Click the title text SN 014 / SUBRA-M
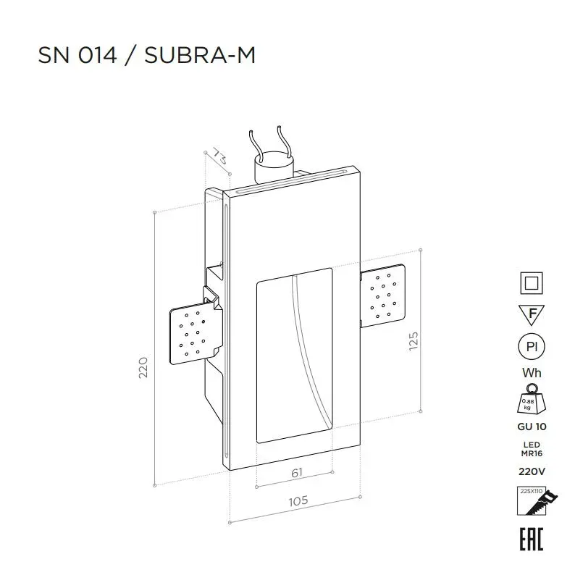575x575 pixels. coord(147,55)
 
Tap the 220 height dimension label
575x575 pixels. coord(143,367)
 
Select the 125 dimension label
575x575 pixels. coord(414,341)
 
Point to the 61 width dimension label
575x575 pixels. coord(297,472)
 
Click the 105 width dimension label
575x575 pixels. coord(298,501)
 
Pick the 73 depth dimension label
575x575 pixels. coord(219,156)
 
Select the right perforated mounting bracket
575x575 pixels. coord(383,295)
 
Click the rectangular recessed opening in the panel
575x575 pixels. coord(295,356)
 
